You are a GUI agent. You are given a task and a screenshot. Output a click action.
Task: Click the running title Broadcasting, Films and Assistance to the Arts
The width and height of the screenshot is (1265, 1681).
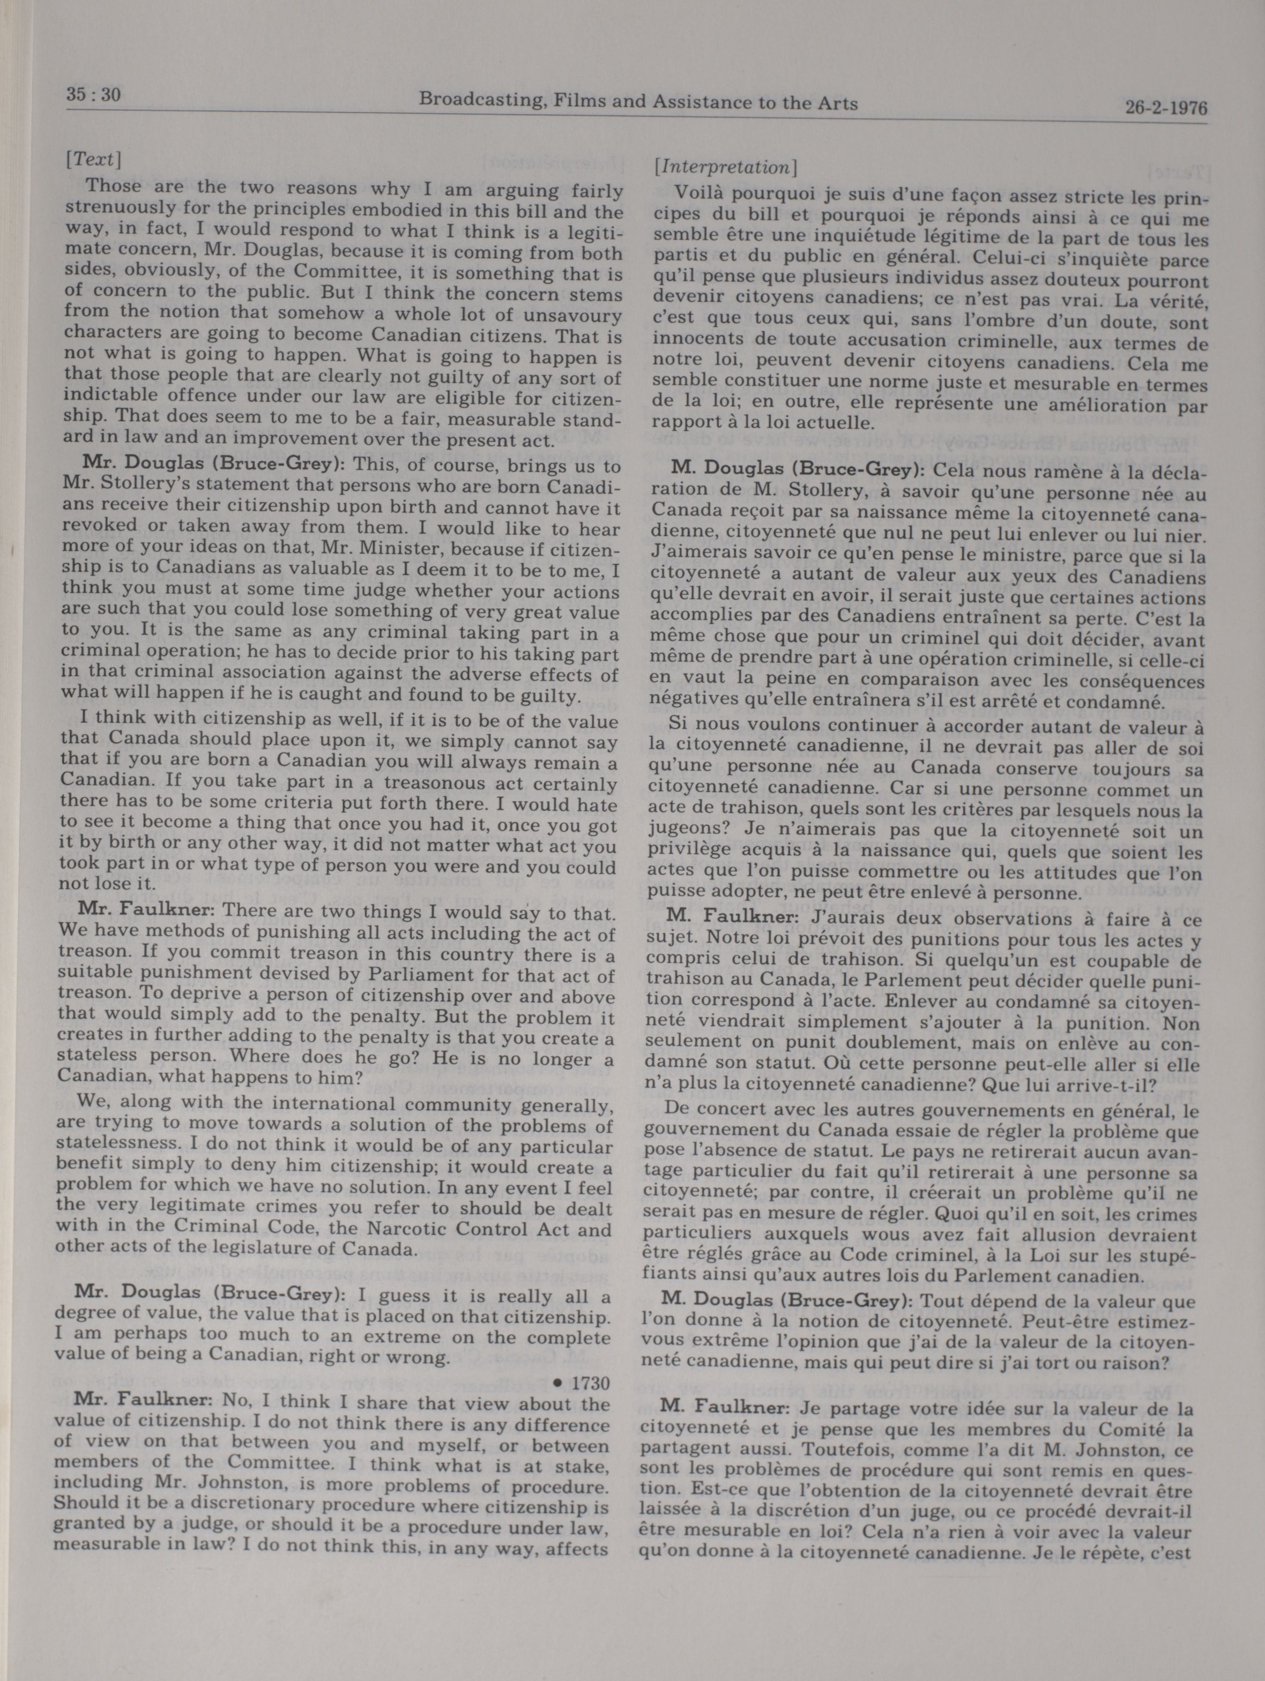pyautogui.click(x=638, y=101)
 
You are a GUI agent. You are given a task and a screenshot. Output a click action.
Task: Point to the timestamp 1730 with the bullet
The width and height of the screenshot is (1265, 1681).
pyautogui.click(x=581, y=1383)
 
